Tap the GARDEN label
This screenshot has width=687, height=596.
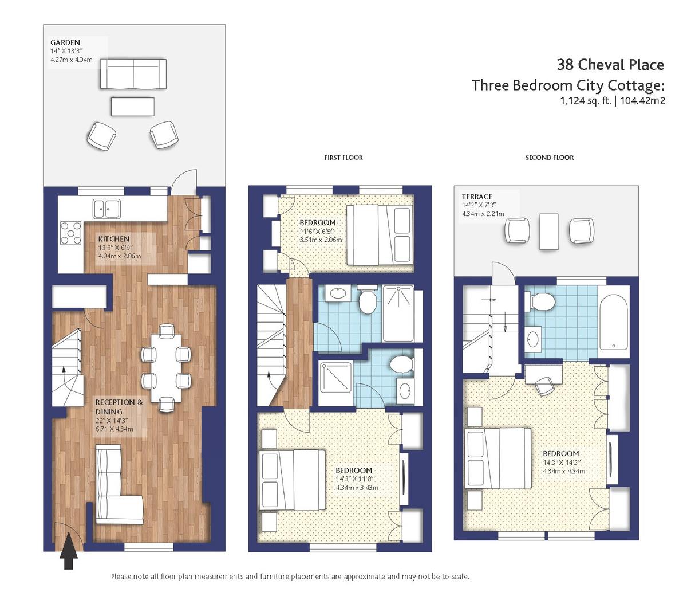pos(65,42)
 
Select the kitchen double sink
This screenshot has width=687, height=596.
pos(106,209)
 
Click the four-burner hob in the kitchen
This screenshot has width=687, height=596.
pos(71,233)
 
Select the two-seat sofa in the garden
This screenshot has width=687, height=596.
pos(133,74)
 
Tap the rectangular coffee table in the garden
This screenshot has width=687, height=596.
pos(133,107)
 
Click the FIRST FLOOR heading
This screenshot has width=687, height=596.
pos(343,158)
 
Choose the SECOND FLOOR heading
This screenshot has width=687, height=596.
pos(550,158)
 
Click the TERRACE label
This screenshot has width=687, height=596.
pos(477,197)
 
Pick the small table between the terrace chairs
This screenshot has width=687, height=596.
pos(548,232)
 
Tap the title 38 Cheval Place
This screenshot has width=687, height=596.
pos(610,65)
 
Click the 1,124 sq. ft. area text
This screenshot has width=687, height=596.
pos(586,100)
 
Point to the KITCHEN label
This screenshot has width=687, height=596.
pos(114,239)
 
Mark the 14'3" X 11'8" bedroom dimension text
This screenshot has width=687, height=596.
pos(354,479)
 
